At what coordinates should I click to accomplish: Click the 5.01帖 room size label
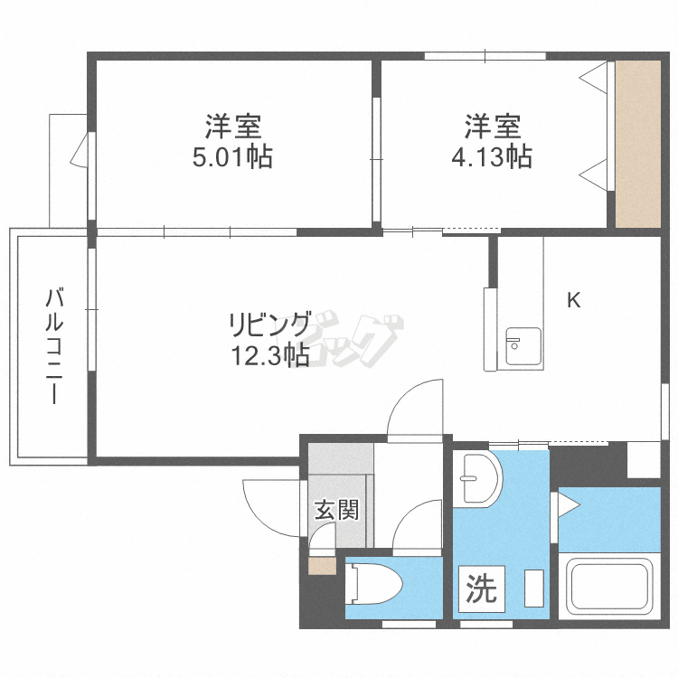232,157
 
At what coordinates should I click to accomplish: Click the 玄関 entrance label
336,510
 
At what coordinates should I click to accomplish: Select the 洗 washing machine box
481,590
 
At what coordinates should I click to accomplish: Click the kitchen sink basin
523,346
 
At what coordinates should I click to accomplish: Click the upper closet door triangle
594,79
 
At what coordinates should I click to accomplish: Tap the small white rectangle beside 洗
533,589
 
